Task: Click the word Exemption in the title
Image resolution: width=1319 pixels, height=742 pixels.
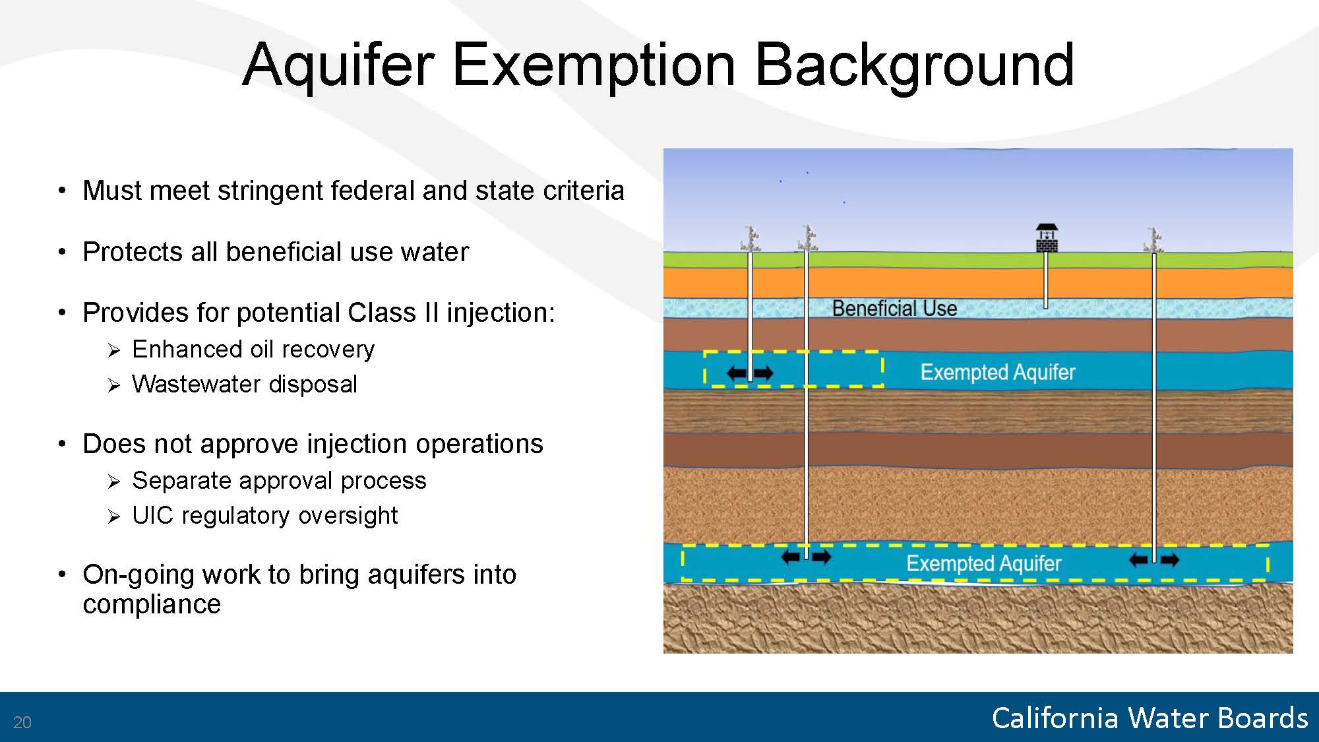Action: point(594,65)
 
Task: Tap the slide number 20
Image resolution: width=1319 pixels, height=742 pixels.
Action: point(22,722)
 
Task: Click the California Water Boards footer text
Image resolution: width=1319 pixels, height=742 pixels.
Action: point(1150,718)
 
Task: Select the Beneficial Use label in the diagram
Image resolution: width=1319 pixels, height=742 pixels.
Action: point(894,308)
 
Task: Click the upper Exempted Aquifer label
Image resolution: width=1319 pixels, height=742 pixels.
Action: point(998,372)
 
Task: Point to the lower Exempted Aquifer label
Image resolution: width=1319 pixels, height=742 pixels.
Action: point(984,563)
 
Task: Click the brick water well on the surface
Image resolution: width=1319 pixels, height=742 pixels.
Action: point(1047,238)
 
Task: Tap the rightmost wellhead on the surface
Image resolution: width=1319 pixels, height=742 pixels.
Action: point(1153,241)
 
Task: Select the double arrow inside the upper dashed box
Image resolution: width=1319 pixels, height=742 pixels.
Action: point(750,373)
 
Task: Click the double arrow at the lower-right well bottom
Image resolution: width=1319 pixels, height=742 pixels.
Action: point(1154,561)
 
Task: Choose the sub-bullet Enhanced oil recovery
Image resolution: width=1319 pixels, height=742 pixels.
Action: point(253,349)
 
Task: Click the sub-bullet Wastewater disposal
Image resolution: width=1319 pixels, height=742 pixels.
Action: point(245,384)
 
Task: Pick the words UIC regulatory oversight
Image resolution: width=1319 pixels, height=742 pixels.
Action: point(265,515)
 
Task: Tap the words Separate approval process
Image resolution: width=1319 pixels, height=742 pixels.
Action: point(280,480)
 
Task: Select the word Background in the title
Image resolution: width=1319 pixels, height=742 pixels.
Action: point(915,65)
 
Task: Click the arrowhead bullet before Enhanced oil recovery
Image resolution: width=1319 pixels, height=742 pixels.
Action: point(114,350)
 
